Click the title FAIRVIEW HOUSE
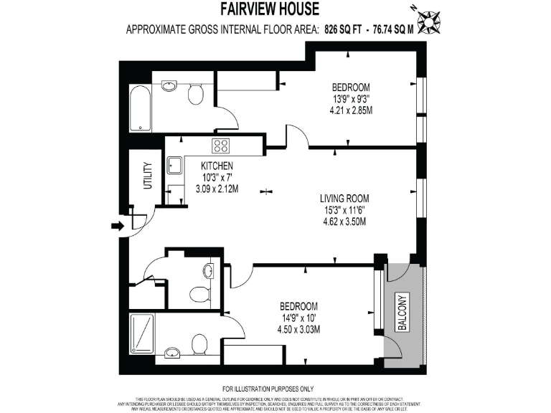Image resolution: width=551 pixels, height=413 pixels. click(275, 11)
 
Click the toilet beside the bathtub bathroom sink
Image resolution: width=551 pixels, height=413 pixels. click(195, 94)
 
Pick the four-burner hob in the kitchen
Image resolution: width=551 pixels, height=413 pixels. click(221, 146)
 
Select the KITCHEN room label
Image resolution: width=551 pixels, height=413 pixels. click(217, 166)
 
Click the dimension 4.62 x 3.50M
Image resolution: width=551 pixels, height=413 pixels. click(344, 222)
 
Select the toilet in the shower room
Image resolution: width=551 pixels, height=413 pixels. click(201, 345)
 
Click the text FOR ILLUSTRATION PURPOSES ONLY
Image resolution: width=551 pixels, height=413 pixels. click(275, 387)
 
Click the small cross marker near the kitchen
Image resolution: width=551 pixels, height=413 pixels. click(267, 191)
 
